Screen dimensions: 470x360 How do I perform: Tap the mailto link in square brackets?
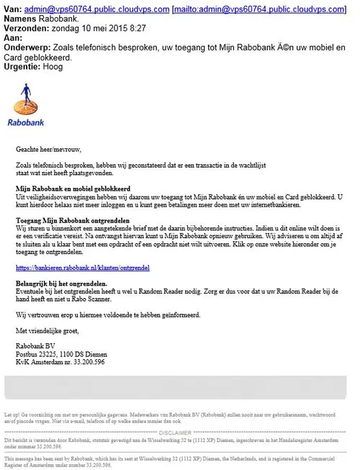(258, 7)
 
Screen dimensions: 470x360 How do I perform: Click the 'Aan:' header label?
(14, 37)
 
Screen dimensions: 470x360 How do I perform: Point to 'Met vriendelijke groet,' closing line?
(47, 330)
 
